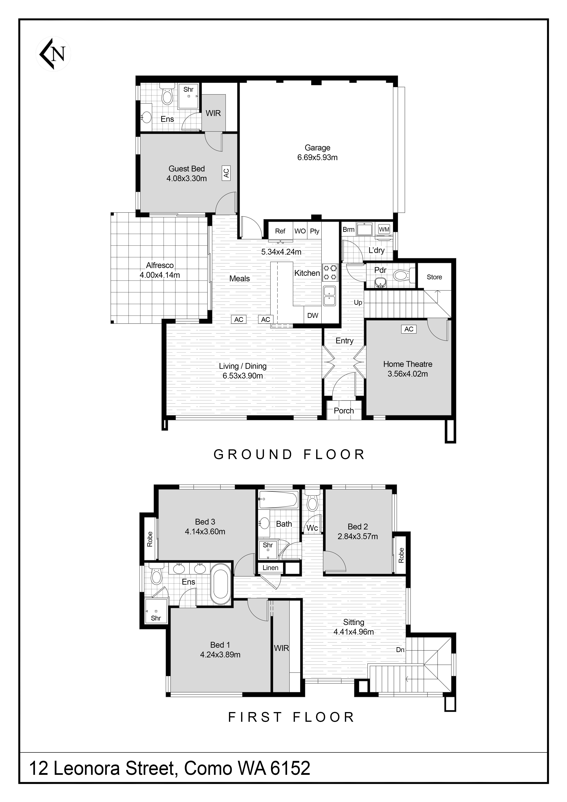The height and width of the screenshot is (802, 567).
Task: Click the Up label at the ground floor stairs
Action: click(358, 302)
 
